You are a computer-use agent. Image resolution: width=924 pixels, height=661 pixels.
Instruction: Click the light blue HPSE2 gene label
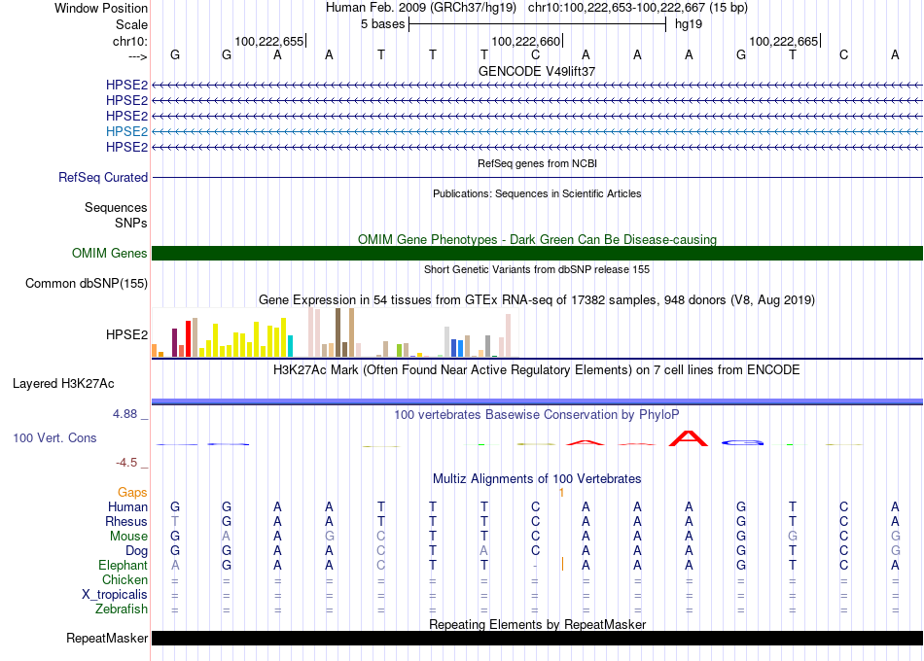click(126, 131)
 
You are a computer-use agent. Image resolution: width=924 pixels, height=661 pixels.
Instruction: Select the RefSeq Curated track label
click(103, 177)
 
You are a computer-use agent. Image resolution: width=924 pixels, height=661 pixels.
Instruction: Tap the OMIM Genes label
click(110, 254)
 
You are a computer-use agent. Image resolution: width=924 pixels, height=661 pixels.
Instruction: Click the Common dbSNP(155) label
click(87, 284)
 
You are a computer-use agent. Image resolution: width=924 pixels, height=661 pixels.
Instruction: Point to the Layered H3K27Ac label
click(63, 384)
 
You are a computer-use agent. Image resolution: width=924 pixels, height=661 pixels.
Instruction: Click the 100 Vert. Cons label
click(54, 437)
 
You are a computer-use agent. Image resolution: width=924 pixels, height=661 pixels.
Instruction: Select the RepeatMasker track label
click(107, 638)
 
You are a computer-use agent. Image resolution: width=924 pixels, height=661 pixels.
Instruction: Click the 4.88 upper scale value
click(124, 414)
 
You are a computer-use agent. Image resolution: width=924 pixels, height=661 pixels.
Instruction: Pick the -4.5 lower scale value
click(126, 463)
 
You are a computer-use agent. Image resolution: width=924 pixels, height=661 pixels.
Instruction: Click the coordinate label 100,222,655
click(268, 41)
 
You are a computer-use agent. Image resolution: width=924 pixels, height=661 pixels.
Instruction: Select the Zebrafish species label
click(122, 609)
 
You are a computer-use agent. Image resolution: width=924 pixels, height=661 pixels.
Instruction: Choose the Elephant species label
click(124, 566)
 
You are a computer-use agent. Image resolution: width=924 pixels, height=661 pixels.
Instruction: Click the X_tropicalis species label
click(115, 595)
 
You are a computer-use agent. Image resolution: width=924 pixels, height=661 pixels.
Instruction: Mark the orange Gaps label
click(132, 493)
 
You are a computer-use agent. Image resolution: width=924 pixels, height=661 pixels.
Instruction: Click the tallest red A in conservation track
click(689, 439)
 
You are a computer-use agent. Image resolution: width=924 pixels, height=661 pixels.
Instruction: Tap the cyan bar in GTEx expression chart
click(290, 346)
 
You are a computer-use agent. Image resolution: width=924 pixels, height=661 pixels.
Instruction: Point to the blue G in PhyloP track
click(742, 442)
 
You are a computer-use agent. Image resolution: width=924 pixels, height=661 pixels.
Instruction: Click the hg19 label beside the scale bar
click(689, 24)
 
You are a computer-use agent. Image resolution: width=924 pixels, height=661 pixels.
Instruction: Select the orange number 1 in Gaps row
click(561, 493)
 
